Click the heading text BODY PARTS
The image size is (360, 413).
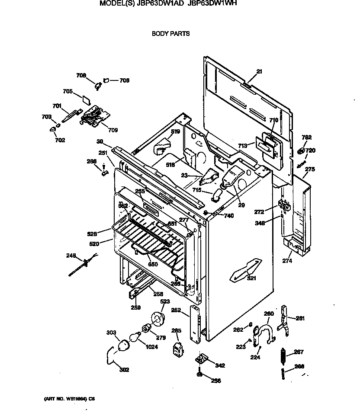pyautogui.click(x=170, y=33)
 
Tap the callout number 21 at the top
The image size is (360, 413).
pyautogui.click(x=259, y=71)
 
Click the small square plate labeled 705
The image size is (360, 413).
pyautogui.click(x=87, y=99)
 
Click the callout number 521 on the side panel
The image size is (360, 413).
pyautogui.click(x=251, y=278)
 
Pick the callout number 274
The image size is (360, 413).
pyautogui.click(x=287, y=260)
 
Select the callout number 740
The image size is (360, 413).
pyautogui.click(x=228, y=215)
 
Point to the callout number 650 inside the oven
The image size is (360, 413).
pyautogui.click(x=153, y=264)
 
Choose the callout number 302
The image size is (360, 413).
pyautogui.click(x=124, y=370)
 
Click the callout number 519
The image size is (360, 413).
pyautogui.click(x=175, y=131)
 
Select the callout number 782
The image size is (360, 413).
pyautogui.click(x=306, y=138)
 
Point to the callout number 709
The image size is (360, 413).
pyautogui.click(x=112, y=130)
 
